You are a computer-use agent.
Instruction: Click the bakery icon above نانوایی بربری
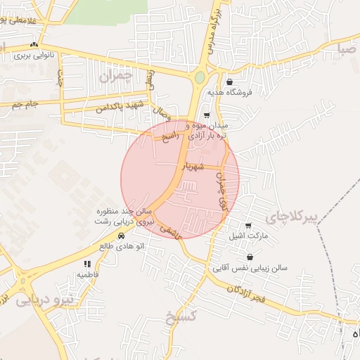tap(34, 44)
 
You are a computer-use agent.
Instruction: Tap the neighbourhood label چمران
tap(115, 77)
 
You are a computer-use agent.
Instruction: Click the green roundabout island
tap(200, 77)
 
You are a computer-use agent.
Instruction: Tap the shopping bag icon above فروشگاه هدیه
tap(229, 82)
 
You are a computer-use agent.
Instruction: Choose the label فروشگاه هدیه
tap(229, 92)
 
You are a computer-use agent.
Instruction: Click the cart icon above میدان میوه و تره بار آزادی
tap(206, 115)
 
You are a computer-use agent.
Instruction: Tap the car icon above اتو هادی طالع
tap(122, 236)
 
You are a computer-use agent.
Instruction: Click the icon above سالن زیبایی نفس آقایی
tap(250, 258)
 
